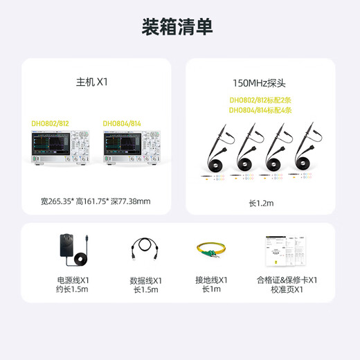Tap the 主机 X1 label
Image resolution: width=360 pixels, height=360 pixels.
click(92, 82)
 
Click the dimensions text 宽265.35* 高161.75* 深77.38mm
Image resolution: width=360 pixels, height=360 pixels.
click(96, 201)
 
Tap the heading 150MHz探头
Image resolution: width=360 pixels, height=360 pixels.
click(260, 82)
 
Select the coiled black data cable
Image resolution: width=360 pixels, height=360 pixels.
click(145, 250)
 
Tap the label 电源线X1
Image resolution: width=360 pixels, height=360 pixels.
click(73, 280)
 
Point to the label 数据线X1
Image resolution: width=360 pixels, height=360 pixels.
click(145, 280)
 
